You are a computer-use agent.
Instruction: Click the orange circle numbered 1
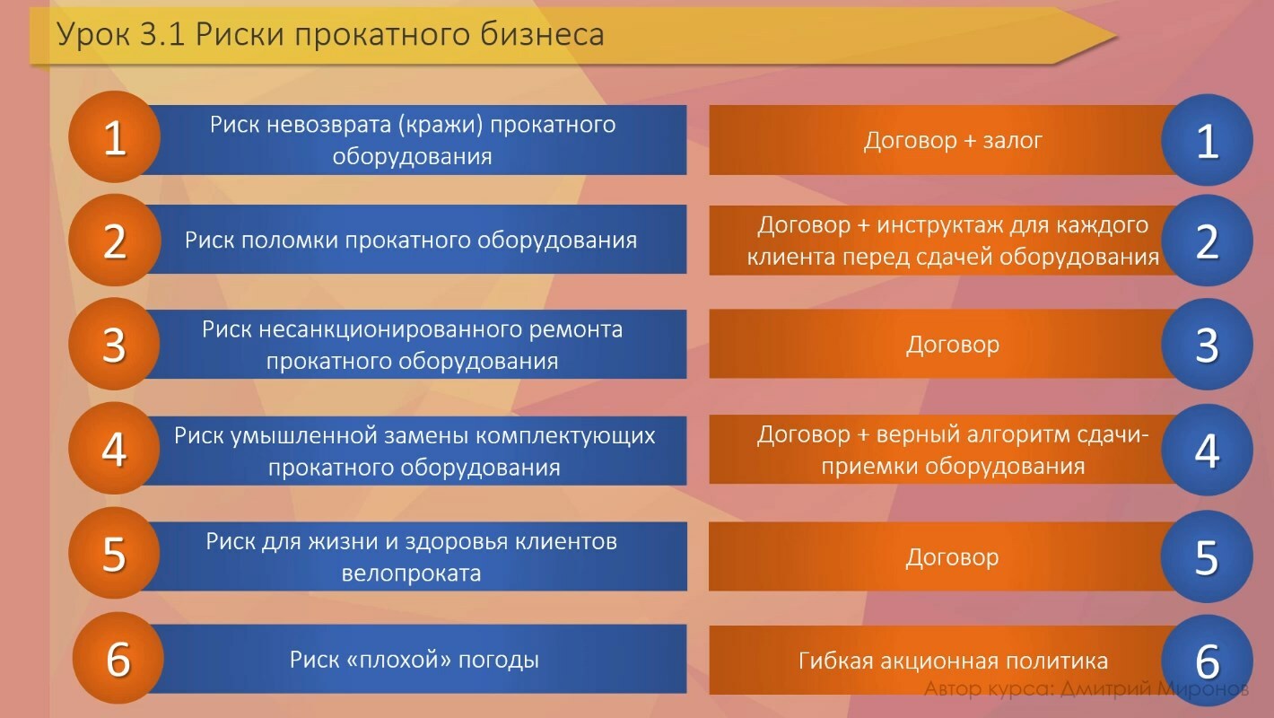tap(114, 137)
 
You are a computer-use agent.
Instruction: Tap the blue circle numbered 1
tap(1207, 140)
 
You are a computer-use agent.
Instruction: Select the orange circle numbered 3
tap(114, 345)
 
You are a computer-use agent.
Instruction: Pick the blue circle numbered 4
tap(1207, 450)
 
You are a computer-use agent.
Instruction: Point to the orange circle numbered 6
tap(118, 658)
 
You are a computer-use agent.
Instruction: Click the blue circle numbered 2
tap(1207, 241)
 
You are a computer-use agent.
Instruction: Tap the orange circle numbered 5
tap(114, 553)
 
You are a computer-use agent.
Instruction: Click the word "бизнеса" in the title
tap(542, 34)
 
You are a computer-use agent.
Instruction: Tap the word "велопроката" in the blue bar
tap(411, 573)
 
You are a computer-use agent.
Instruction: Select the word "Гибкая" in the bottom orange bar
tap(837, 661)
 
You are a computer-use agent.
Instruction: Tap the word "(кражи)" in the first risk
tap(441, 125)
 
